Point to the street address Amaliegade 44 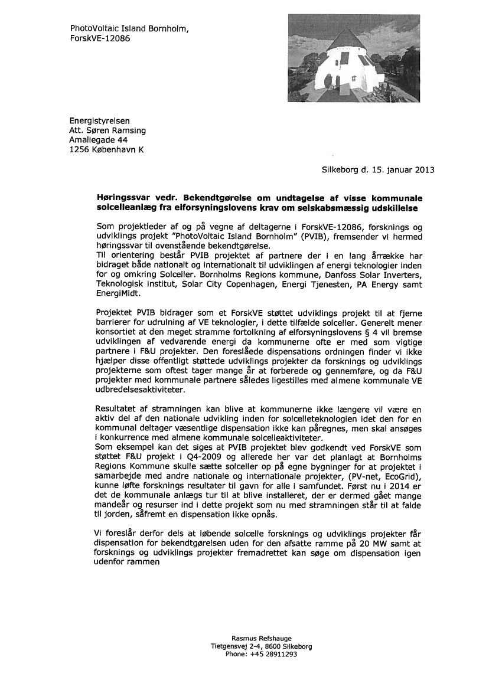[x=98, y=140]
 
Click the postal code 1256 [x=80, y=149]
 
